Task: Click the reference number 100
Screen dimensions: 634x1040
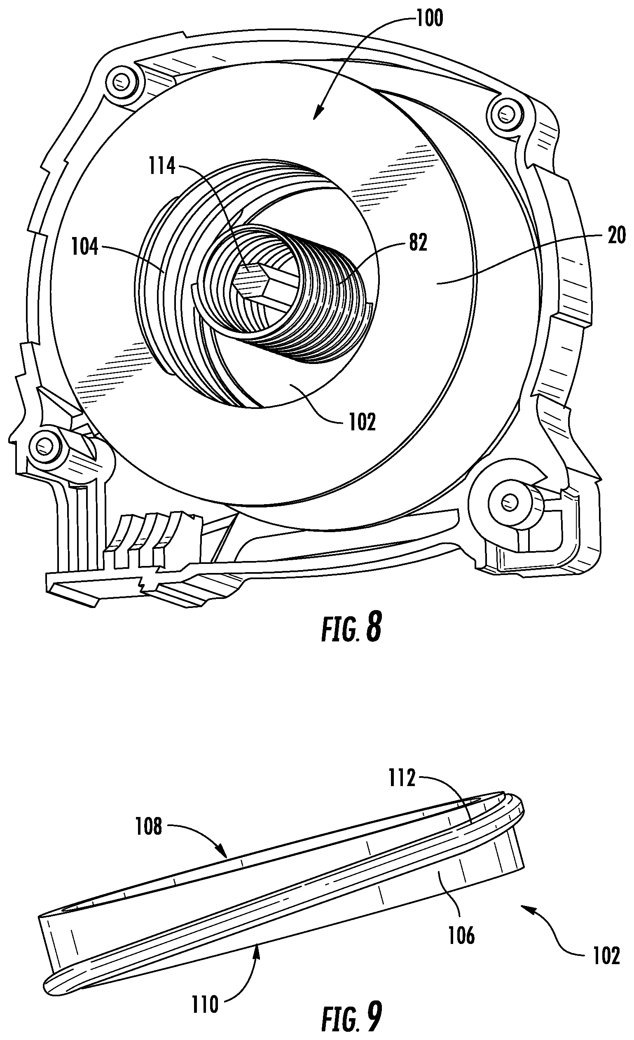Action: tap(429, 19)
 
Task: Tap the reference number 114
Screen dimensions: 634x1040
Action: tap(162, 166)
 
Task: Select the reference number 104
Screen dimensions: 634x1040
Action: tap(85, 247)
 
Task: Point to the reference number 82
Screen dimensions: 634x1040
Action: tap(418, 243)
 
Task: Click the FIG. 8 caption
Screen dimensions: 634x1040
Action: tap(351, 628)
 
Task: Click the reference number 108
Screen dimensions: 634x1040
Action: tap(148, 826)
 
